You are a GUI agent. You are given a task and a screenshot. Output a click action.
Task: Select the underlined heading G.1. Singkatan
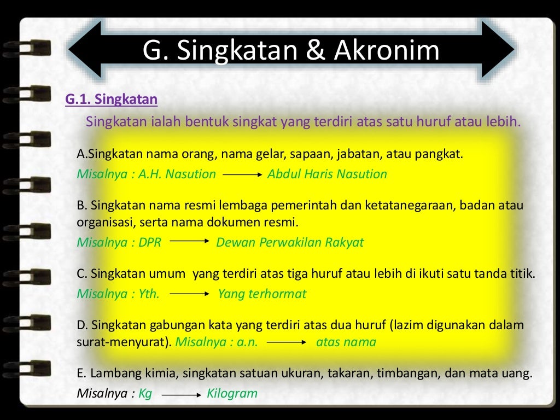tap(111, 100)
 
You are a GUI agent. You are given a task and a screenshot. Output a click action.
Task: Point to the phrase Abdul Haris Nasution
tap(327, 174)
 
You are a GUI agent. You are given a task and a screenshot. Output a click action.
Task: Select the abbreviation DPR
tap(150, 242)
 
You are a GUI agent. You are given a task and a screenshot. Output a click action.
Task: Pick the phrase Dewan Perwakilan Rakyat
tap(290, 242)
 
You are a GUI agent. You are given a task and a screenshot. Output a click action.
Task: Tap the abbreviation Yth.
tap(149, 294)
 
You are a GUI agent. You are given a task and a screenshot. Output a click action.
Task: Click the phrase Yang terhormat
tap(262, 294)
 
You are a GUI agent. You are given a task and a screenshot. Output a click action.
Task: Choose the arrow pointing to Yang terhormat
tap(190, 294)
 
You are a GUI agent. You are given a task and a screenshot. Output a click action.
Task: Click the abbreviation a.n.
tap(247, 342)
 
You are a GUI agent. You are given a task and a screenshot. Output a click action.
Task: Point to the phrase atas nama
tap(346, 342)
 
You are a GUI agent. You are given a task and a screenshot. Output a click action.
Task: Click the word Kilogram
tap(232, 394)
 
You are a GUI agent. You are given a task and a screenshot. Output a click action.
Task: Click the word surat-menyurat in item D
tap(122, 342)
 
